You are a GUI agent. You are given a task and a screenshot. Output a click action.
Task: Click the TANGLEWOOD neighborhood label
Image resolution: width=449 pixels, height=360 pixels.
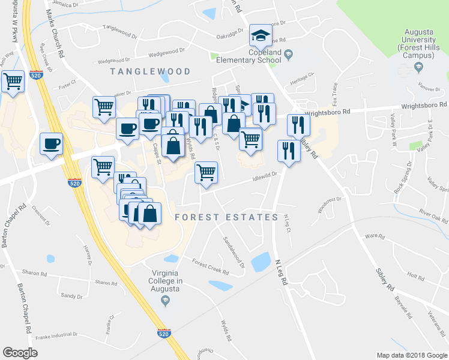(151, 71)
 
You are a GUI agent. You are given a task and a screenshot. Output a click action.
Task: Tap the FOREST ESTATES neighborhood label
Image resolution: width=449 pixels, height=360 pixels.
(227, 217)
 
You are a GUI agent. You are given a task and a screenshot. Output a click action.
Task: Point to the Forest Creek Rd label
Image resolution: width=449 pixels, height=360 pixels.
(210, 265)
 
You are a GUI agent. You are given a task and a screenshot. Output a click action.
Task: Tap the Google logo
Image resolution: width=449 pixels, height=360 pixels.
(20, 352)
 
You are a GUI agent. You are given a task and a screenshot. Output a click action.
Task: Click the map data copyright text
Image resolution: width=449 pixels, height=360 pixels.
(411, 355)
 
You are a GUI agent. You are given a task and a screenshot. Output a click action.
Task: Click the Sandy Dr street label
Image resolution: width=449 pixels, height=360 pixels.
(71, 296)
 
